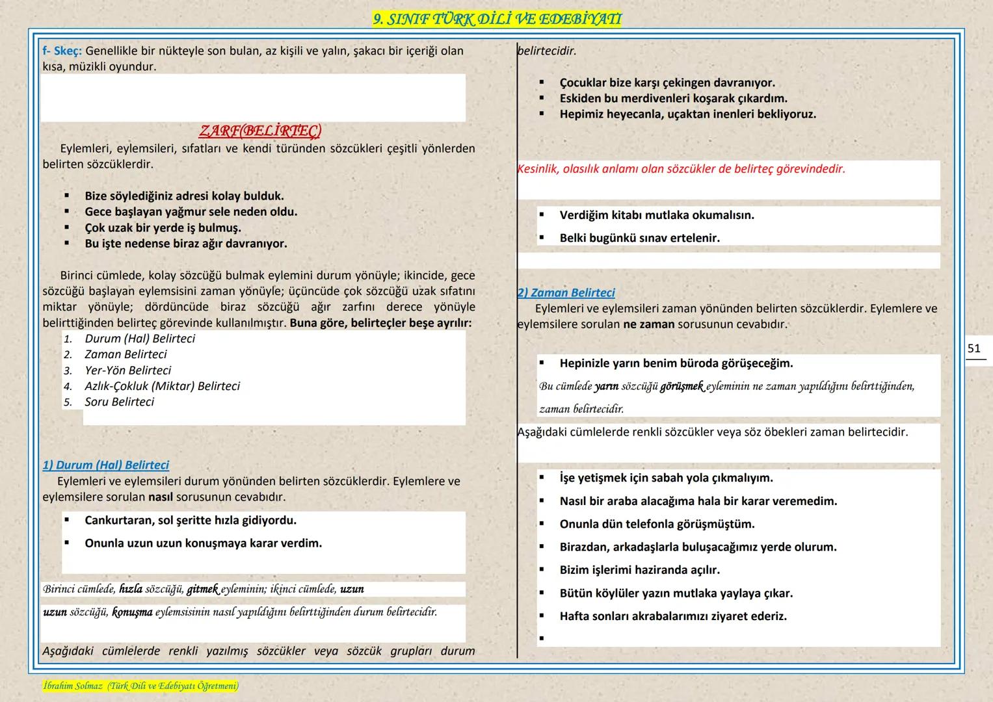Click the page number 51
pos(973,349)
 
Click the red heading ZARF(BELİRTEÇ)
pos(260,131)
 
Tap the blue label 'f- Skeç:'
pos(62,51)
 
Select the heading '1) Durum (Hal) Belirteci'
pos(106,465)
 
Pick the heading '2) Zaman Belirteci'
pos(566,293)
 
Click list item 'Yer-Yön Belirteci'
pos(128,370)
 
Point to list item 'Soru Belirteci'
pos(120,402)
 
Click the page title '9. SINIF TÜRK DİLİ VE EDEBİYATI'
pos(497,19)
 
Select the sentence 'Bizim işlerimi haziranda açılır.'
pos(639,570)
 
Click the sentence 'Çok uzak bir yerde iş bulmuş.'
pos(163,228)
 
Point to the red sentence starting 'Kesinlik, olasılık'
pos(681,169)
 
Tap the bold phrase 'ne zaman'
pos(648,324)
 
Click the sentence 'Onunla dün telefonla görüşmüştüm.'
pos(657,524)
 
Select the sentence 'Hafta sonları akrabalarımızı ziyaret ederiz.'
pos(673,616)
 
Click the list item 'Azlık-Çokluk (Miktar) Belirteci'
pos(163,386)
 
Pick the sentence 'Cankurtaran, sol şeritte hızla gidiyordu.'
pos(191,521)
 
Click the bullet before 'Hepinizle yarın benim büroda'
pos(542,363)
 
